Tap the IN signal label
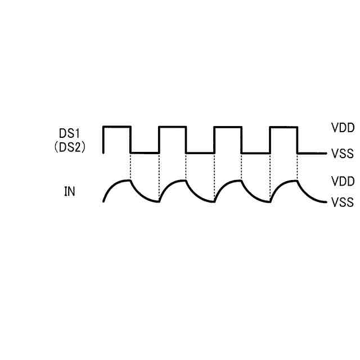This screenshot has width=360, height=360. coord(69,192)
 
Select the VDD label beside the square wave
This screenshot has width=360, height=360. coord(343,128)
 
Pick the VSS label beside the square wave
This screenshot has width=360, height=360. coord(343,153)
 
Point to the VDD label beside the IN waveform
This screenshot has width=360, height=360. coord(343,182)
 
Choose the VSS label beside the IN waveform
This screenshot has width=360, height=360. coord(343,202)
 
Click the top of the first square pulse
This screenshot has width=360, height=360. coord(117,127)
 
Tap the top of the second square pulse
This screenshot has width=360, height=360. coord(172,127)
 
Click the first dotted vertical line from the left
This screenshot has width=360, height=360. coord(130,166)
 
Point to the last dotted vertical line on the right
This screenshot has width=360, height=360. coord(297,166)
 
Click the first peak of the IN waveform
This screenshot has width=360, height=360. coord(129,181)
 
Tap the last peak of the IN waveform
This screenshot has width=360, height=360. coord(296,181)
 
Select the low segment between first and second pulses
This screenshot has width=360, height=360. coord(145,152)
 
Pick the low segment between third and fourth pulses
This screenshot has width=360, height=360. coord(256,152)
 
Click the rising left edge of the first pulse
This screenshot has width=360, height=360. coord(103,139)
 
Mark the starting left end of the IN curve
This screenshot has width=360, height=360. coord(104,201)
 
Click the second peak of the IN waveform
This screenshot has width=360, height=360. coord(184,181)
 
